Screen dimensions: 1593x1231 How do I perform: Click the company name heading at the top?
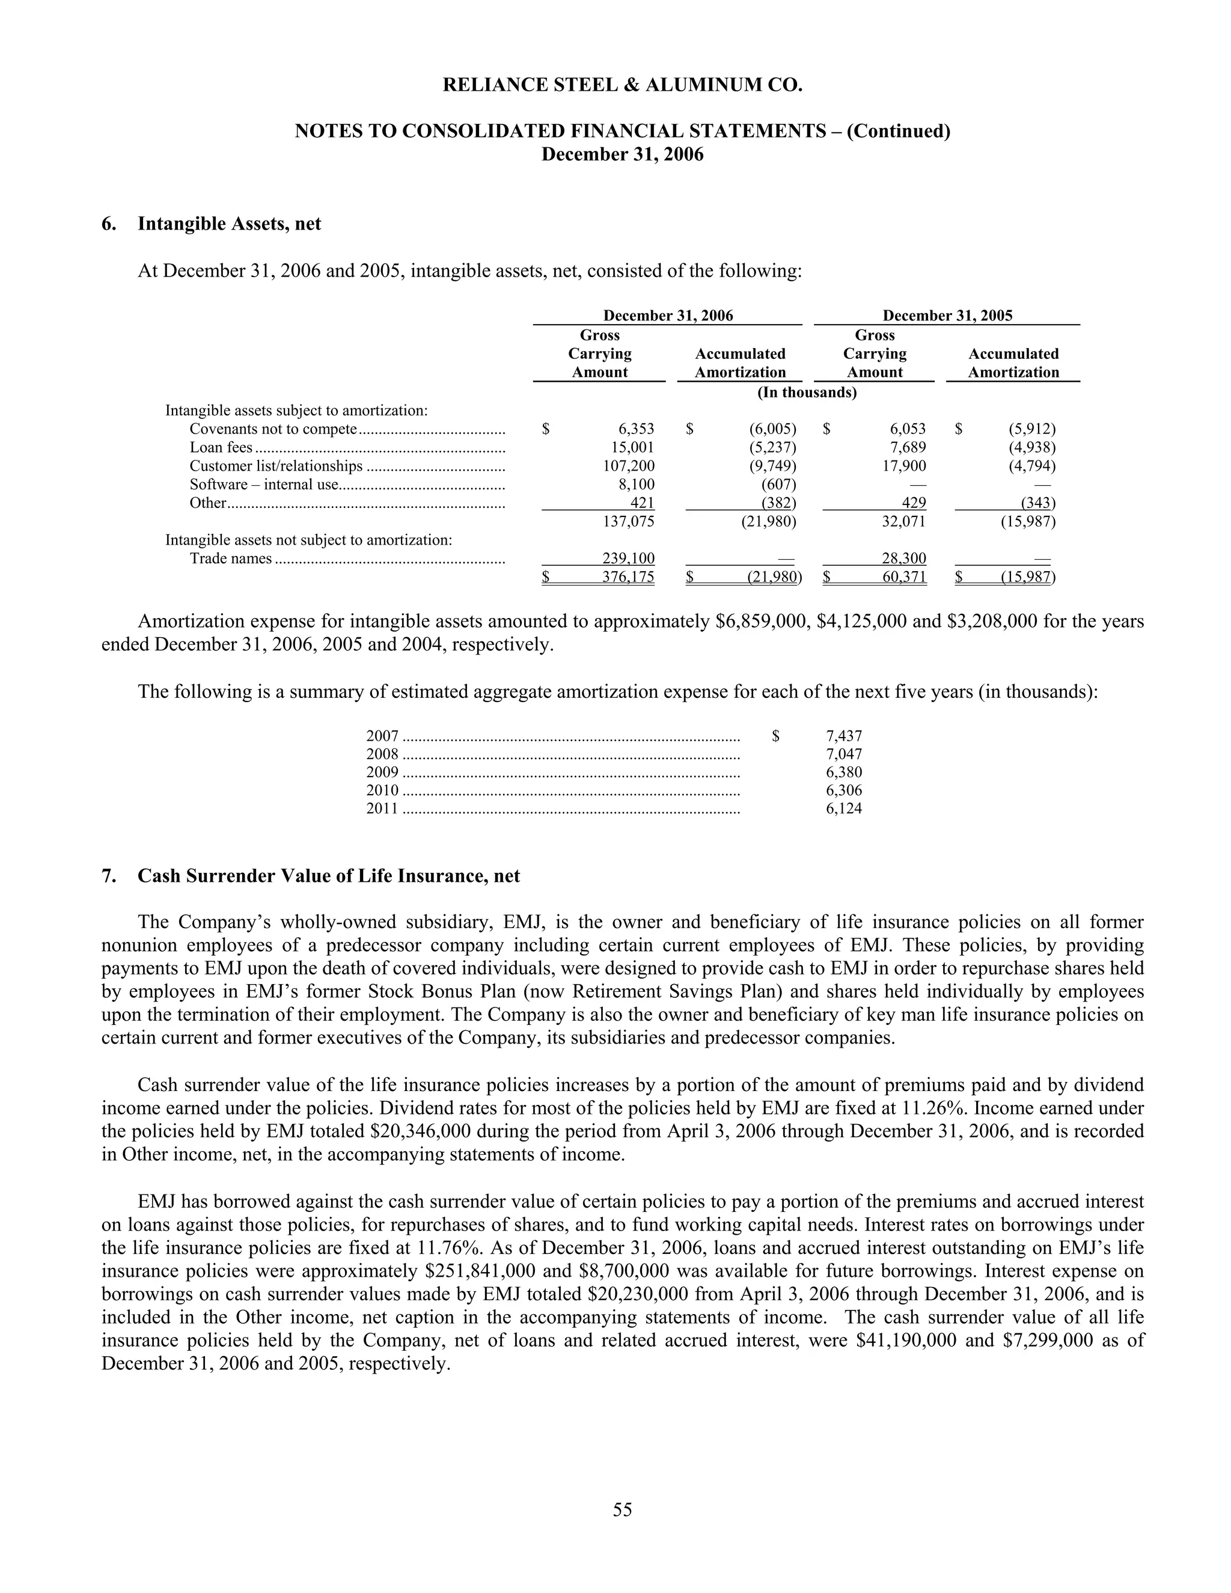tap(622, 85)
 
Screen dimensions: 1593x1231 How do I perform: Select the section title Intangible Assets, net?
tap(229, 224)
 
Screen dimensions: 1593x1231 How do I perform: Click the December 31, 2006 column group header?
tap(668, 315)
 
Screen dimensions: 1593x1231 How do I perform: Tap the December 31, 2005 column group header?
tap(947, 315)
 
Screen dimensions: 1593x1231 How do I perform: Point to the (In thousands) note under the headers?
tap(807, 393)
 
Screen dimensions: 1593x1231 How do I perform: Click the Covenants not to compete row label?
tap(273, 429)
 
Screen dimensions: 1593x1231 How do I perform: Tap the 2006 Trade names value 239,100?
tap(628, 558)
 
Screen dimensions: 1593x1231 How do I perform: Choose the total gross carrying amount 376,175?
tap(628, 578)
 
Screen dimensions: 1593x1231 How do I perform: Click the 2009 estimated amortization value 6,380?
tap(844, 772)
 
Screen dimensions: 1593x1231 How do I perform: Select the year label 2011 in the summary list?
tap(382, 808)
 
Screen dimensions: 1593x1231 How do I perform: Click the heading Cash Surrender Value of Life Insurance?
tap(328, 875)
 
